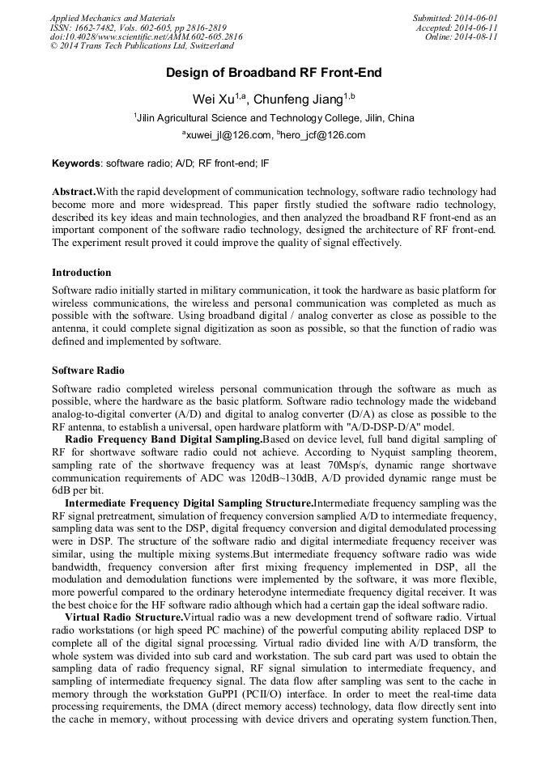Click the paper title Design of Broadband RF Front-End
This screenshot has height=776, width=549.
point(274,74)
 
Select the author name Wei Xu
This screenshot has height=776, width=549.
point(213,100)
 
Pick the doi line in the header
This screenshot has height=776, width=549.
point(146,37)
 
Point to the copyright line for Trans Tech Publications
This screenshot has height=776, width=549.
point(142,46)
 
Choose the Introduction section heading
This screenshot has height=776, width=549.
point(82,273)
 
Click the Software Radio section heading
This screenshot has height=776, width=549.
point(88,371)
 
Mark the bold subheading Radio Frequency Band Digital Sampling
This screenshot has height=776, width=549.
point(163,439)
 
